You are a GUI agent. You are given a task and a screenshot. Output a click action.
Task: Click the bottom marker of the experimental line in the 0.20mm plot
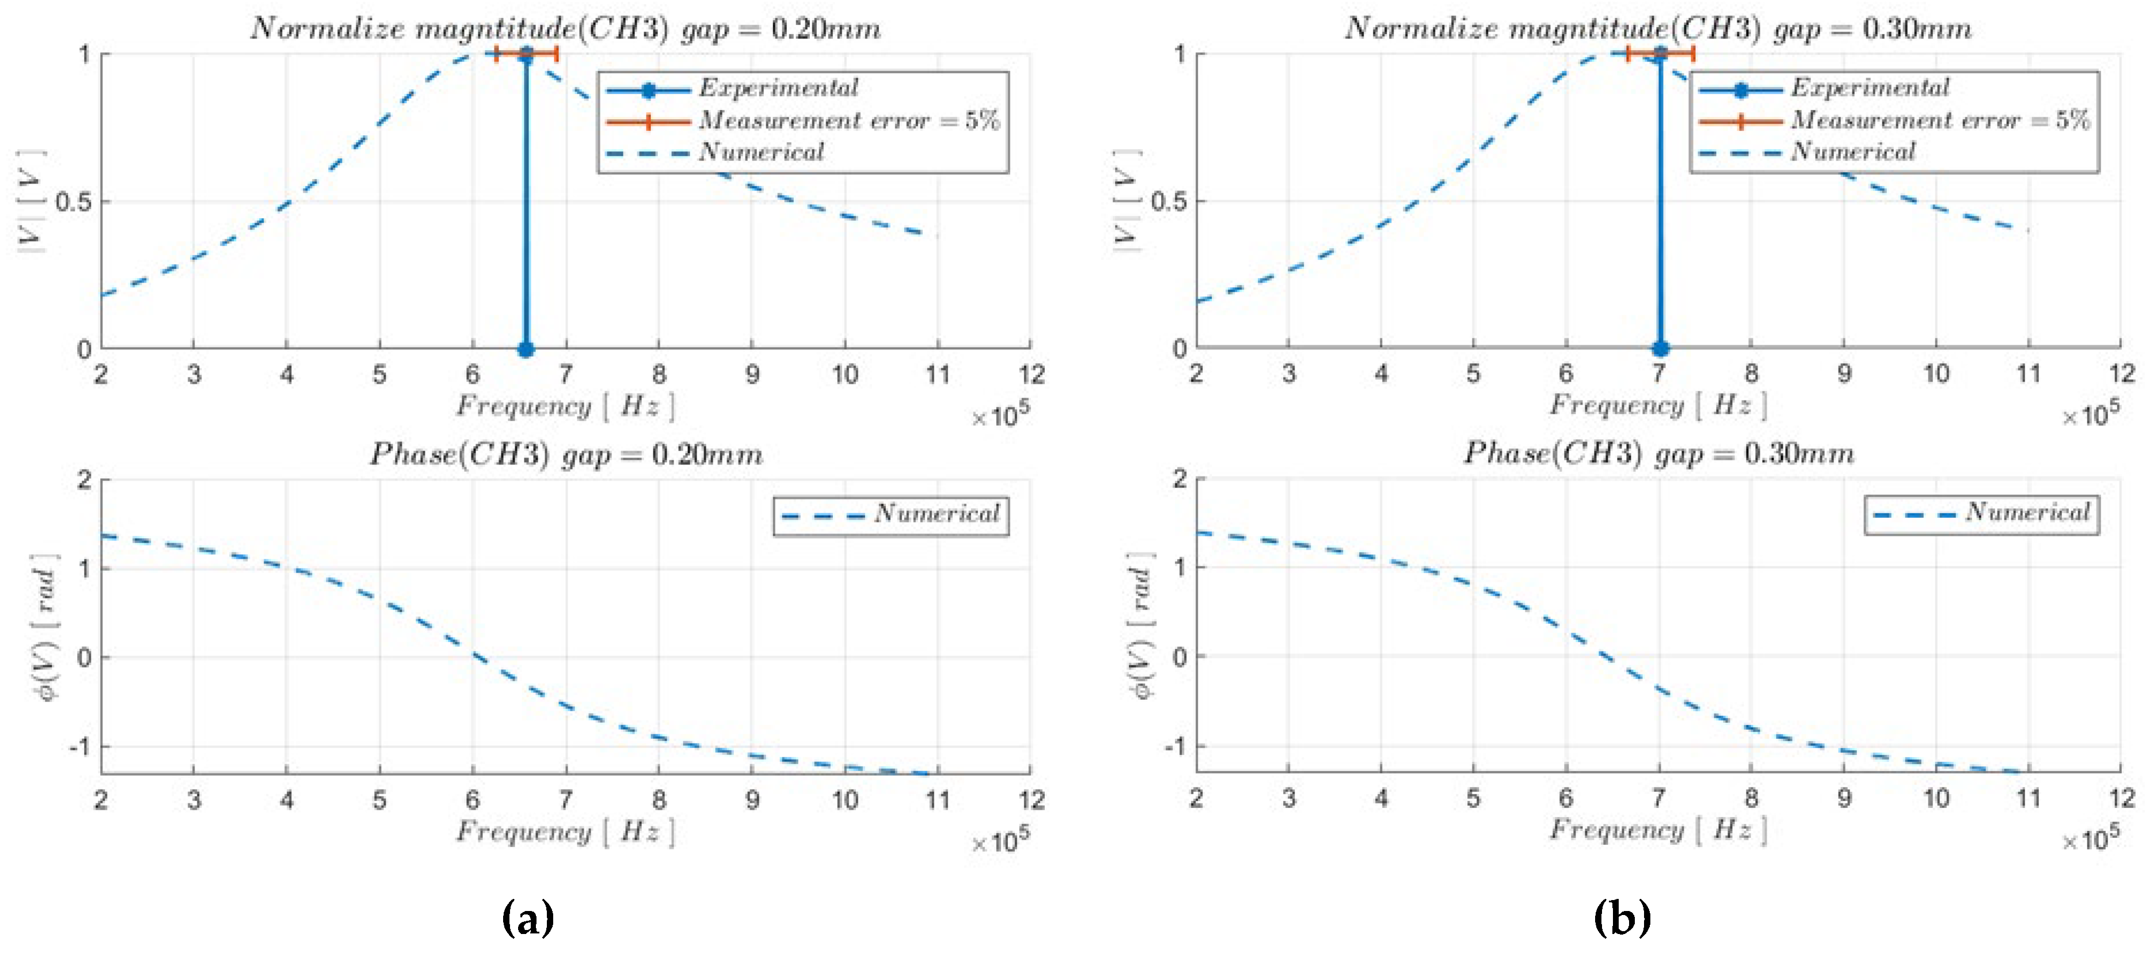pyautogui.click(x=525, y=350)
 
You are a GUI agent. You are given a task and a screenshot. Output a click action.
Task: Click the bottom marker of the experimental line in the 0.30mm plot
pyautogui.click(x=1660, y=349)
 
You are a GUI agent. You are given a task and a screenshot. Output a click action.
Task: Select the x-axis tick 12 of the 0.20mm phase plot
pyautogui.click(x=1030, y=800)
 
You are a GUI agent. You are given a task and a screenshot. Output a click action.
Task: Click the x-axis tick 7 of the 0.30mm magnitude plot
pyautogui.click(x=1658, y=374)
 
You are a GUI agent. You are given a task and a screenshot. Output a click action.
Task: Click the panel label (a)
pyautogui.click(x=528, y=919)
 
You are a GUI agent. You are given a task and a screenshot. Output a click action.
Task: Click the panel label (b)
pyautogui.click(x=1621, y=919)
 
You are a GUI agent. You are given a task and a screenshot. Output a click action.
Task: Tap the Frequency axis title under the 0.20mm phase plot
pyautogui.click(x=565, y=832)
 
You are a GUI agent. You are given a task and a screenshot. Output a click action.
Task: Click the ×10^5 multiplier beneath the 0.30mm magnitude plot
pyautogui.click(x=2090, y=415)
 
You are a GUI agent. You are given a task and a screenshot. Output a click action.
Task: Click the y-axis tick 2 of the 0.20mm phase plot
pyautogui.click(x=84, y=481)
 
